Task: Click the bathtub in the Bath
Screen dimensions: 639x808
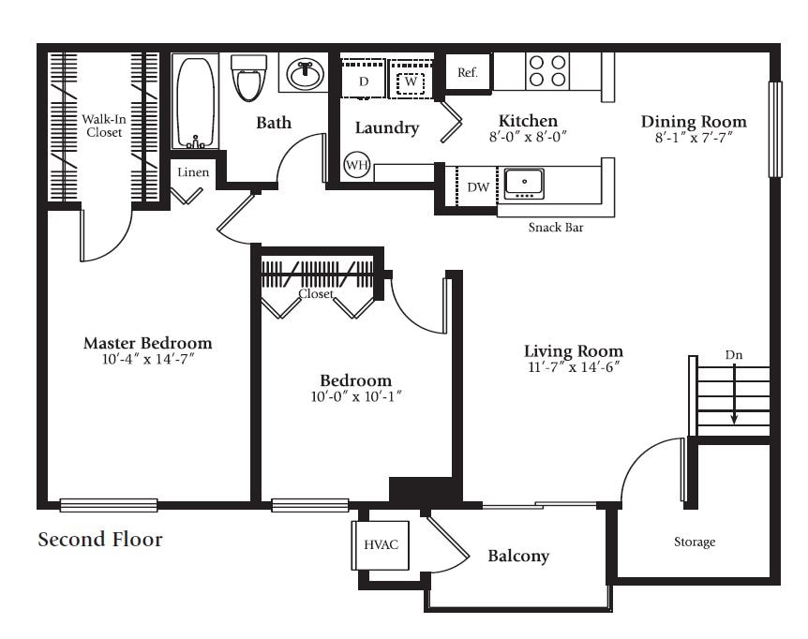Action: (196, 101)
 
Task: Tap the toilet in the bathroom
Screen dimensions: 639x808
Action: (247, 78)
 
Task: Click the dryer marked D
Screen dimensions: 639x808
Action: (362, 82)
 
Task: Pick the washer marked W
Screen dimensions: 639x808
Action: (410, 82)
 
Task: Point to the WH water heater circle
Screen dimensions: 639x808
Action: (356, 166)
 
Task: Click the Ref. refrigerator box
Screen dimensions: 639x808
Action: (468, 73)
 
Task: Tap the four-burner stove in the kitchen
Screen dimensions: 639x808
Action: (547, 71)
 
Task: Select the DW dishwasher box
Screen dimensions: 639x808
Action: (477, 186)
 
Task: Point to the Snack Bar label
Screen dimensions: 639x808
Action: (556, 227)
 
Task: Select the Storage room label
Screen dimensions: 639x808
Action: (695, 542)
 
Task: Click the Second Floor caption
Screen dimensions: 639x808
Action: (100, 540)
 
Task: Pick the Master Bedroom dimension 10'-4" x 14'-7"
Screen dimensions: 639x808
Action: (147, 359)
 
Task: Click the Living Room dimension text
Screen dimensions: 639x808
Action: (573, 367)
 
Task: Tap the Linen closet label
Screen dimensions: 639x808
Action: (193, 172)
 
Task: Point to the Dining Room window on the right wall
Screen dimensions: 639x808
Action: (774, 129)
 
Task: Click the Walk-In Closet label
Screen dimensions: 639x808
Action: (104, 126)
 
